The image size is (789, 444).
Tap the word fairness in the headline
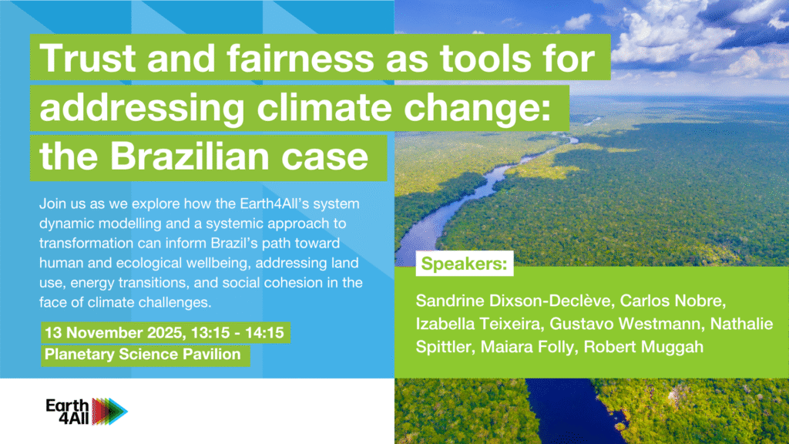300,58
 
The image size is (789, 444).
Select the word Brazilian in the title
190,156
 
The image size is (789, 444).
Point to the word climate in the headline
324,106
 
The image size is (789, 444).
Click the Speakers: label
464,264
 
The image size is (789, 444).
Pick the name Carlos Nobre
673,301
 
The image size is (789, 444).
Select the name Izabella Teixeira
478,324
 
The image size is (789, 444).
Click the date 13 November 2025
114,333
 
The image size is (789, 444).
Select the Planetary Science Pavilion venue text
143,355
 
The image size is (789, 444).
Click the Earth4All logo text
68,412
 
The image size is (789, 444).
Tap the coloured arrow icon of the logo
109,412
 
